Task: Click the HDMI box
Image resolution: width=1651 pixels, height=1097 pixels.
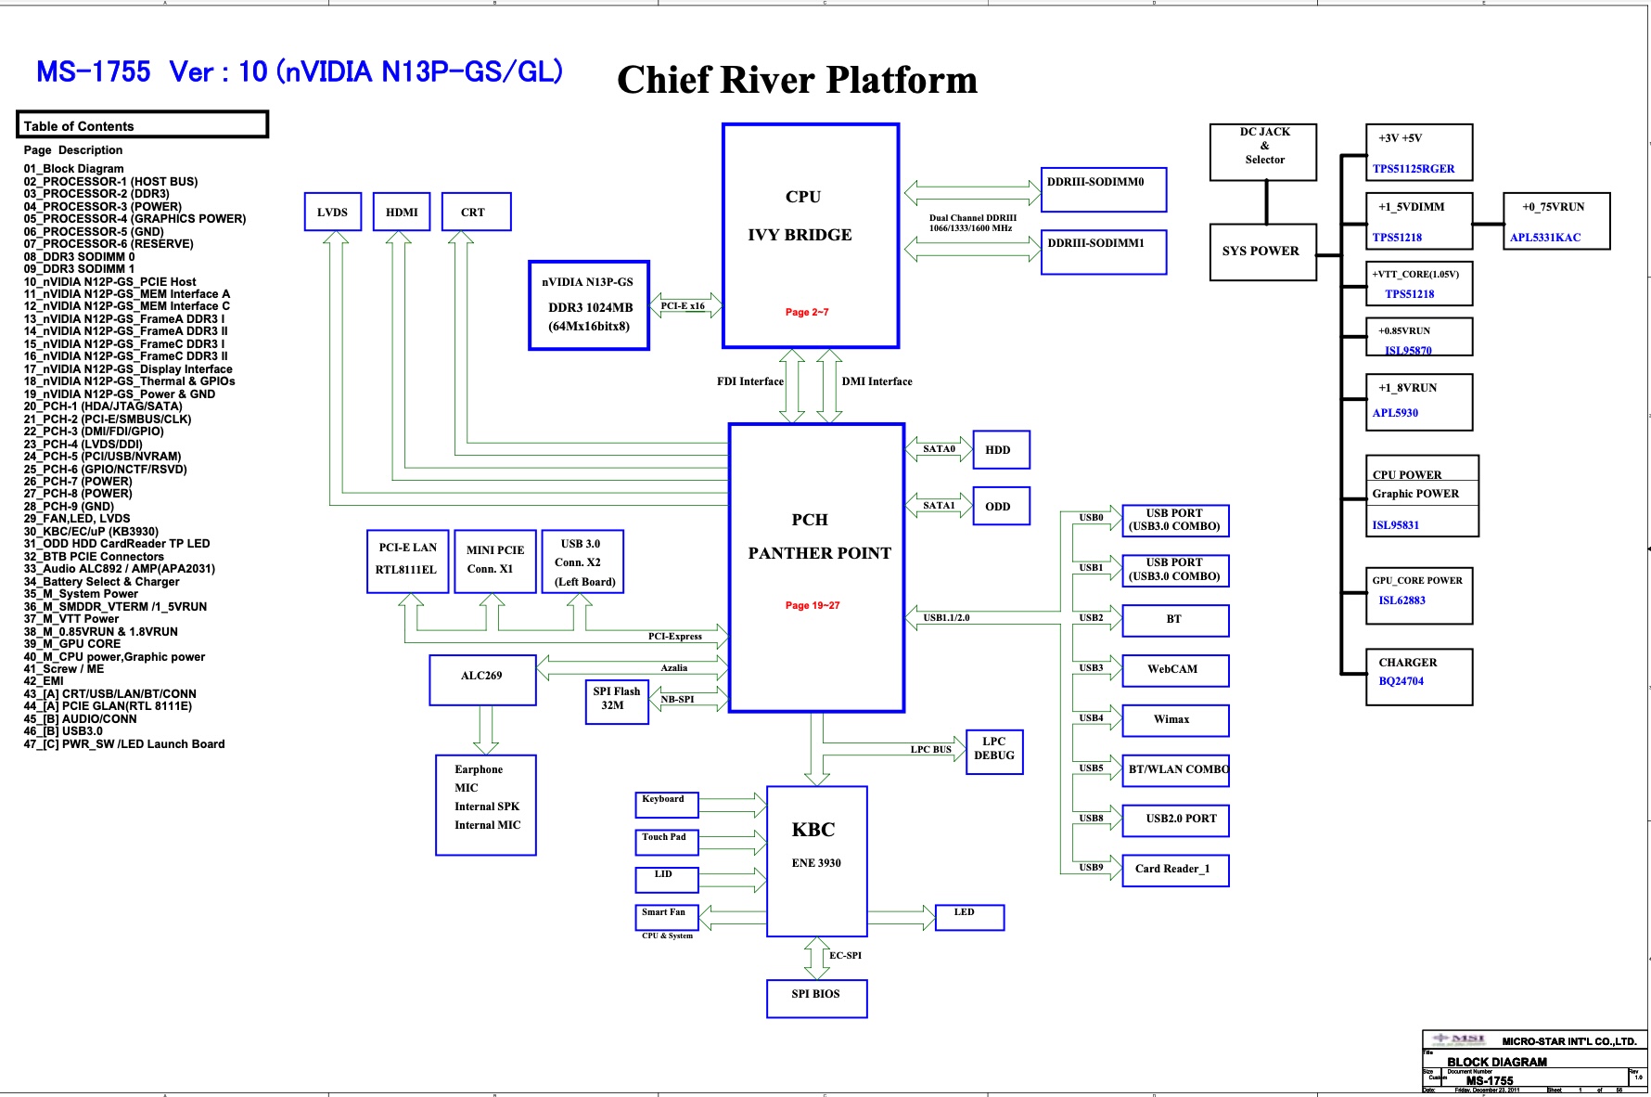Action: click(402, 212)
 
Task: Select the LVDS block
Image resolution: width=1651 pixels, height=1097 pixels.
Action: click(332, 212)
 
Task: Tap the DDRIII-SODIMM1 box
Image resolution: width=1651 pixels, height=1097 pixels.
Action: click(1103, 252)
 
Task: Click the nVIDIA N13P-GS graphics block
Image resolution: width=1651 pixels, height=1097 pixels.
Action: click(588, 305)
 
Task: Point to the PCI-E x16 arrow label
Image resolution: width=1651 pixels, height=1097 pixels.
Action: click(683, 306)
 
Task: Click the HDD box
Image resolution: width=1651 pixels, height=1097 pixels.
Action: click(1000, 450)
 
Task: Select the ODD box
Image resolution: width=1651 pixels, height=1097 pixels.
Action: click(1000, 506)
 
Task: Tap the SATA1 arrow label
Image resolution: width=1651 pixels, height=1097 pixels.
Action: click(939, 506)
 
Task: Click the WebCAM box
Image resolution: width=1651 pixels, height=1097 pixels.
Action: click(1174, 669)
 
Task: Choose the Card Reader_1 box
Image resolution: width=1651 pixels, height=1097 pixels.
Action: click(1174, 870)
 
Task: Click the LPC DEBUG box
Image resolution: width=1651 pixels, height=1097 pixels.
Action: click(993, 749)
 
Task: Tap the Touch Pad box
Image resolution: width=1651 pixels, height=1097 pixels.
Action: click(666, 841)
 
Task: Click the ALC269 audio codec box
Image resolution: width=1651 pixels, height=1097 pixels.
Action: click(482, 679)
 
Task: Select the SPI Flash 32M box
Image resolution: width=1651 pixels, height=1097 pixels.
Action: click(616, 702)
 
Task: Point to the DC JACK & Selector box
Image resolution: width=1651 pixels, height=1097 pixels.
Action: click(1263, 151)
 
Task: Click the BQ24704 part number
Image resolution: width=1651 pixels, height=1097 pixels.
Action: click(1401, 681)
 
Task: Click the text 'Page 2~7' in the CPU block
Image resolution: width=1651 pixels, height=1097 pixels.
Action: click(807, 313)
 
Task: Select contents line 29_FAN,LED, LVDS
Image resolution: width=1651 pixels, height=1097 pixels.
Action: click(77, 519)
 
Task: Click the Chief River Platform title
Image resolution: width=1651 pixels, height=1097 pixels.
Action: click(797, 81)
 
